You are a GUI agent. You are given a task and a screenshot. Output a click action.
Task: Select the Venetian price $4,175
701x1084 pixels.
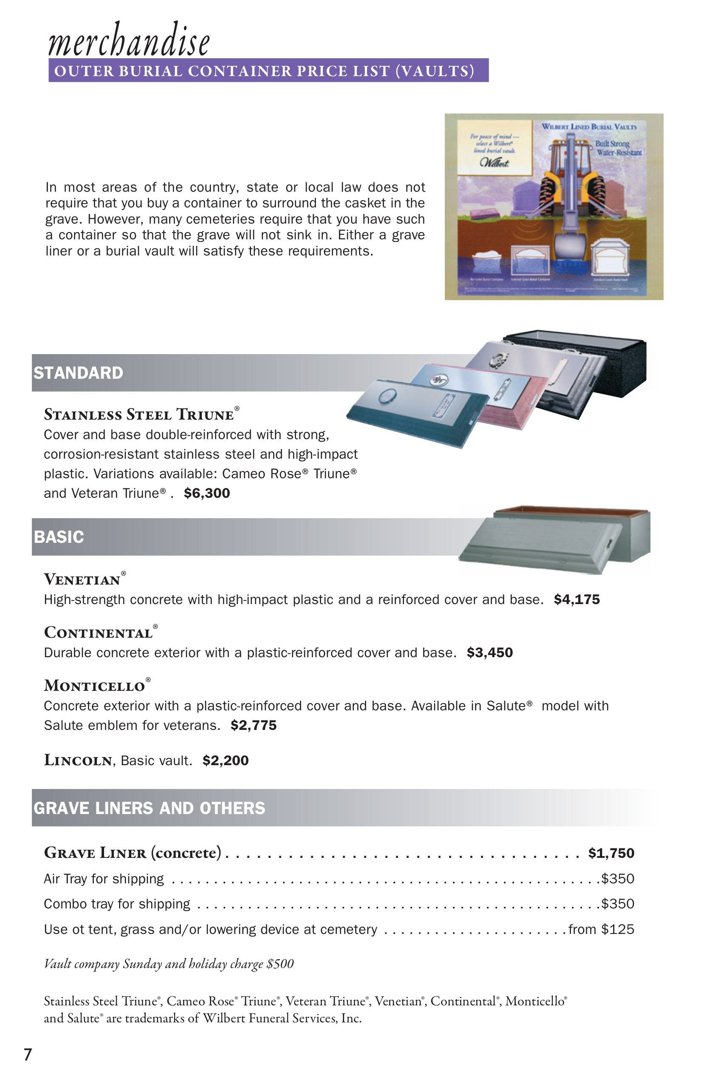tap(577, 599)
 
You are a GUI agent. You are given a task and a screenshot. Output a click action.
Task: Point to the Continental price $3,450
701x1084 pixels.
tap(490, 653)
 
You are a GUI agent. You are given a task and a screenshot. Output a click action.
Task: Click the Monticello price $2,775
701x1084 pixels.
tap(254, 725)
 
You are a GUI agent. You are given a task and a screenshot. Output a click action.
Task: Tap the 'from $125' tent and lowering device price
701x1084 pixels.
tap(601, 929)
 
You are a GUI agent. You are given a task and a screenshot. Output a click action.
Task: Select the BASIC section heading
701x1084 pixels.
tap(59, 536)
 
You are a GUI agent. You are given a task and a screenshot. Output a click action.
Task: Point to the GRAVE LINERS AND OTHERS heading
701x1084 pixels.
tap(149, 808)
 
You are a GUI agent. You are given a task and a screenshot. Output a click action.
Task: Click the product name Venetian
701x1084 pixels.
tap(82, 579)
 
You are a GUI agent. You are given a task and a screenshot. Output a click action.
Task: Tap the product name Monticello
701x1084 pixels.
tap(95, 685)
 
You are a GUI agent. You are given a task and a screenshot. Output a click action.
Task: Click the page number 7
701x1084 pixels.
tap(28, 1054)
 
